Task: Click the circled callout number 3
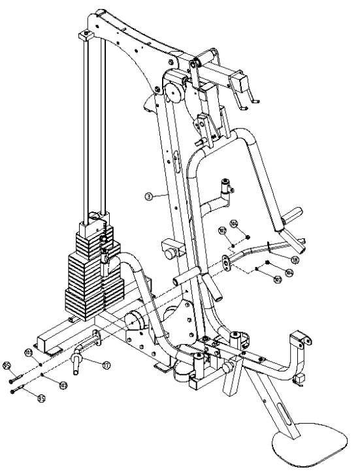click(149, 195)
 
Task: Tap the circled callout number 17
click(106, 366)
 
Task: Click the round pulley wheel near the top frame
click(174, 92)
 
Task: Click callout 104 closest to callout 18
click(288, 272)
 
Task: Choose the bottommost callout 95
click(41, 398)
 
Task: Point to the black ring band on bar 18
click(268, 248)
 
